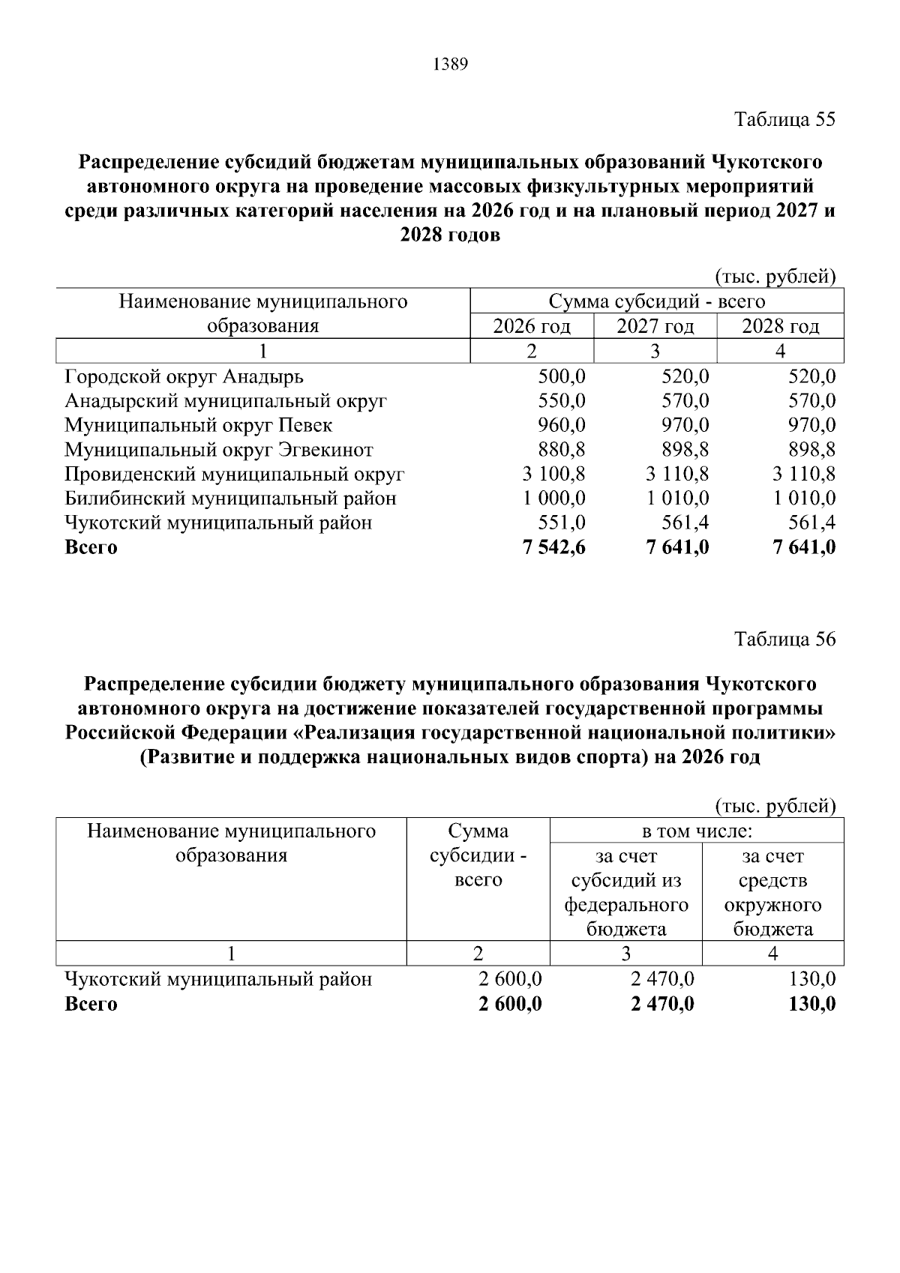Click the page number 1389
[450, 65]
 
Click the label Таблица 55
[784, 120]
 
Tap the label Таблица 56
[784, 639]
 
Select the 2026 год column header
[531, 327]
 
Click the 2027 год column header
[655, 327]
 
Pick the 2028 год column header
[780, 327]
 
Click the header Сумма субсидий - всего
[656, 302]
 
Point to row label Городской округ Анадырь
[184, 376]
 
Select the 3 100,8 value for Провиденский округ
[554, 475]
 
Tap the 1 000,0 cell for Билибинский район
[554, 499]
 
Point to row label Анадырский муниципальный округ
[225, 401]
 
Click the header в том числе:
[697, 831]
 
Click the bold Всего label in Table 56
[91, 1005]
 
